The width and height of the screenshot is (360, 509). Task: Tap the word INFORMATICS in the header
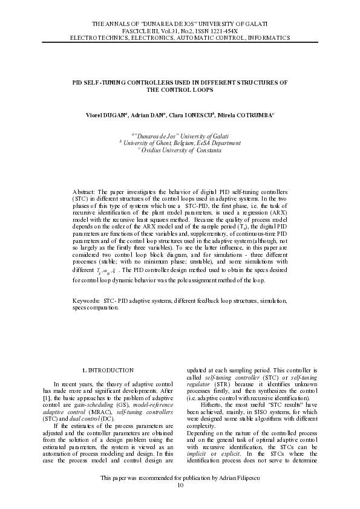pyautogui.click(x=265, y=37)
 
